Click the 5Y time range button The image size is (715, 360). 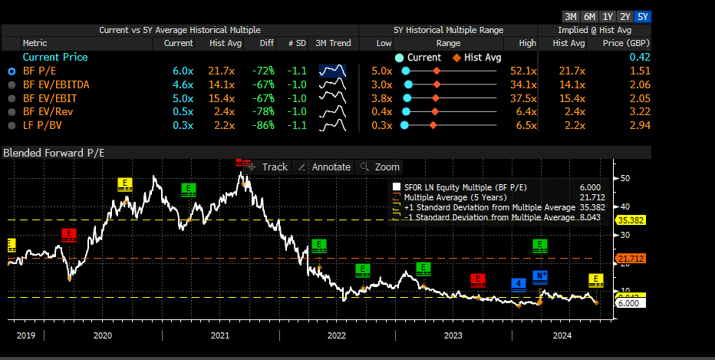(x=642, y=17)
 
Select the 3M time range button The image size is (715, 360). (x=571, y=17)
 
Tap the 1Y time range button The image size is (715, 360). (x=608, y=17)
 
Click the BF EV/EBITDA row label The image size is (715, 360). (x=56, y=84)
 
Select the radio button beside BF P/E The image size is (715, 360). (x=12, y=71)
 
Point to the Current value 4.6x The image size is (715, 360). (x=183, y=84)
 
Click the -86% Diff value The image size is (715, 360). (x=263, y=125)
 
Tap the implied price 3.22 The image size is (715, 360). (x=640, y=111)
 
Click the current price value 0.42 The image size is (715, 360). (x=640, y=57)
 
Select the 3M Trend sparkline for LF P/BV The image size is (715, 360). (x=332, y=124)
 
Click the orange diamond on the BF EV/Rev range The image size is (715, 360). (x=434, y=112)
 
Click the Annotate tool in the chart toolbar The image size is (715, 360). (x=325, y=167)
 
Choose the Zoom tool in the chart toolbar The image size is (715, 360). (x=380, y=167)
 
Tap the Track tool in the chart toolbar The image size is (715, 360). (x=269, y=167)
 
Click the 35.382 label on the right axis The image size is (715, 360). (x=631, y=220)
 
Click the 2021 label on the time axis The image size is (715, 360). (x=220, y=335)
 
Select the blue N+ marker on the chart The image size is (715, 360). (x=540, y=277)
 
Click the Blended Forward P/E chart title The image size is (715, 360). (x=54, y=153)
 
